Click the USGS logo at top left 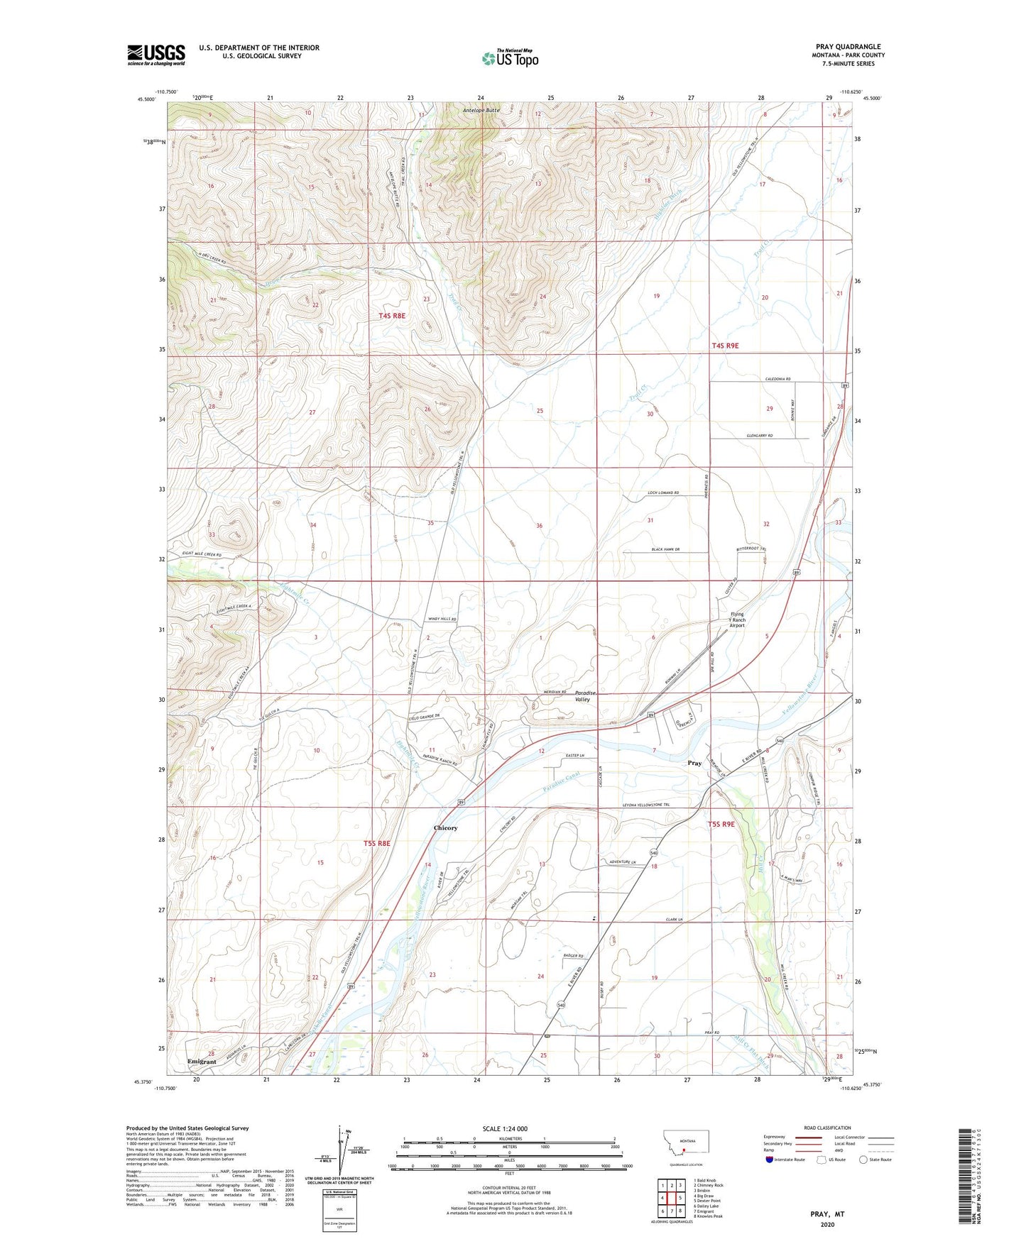click(x=156, y=55)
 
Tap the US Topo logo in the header click(x=510, y=58)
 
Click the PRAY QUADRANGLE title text click(x=848, y=47)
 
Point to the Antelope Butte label click(x=481, y=111)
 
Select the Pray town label click(x=694, y=763)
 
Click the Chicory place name click(x=445, y=828)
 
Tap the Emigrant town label click(x=202, y=1062)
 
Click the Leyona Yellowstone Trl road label click(x=645, y=805)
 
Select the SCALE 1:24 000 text click(x=505, y=1128)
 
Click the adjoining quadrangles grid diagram click(x=671, y=1198)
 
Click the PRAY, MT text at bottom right click(x=827, y=1214)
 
